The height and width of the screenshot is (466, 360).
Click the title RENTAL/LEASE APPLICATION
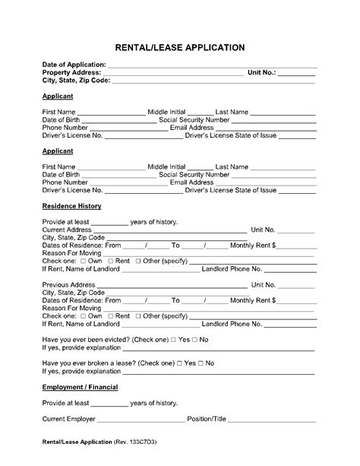[180, 47]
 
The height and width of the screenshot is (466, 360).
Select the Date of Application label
[75, 65]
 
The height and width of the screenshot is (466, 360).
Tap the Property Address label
[72, 72]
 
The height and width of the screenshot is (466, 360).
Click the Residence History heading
[72, 206]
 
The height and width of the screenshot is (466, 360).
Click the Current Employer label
[69, 419]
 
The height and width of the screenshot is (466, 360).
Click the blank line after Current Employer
[141, 420]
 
